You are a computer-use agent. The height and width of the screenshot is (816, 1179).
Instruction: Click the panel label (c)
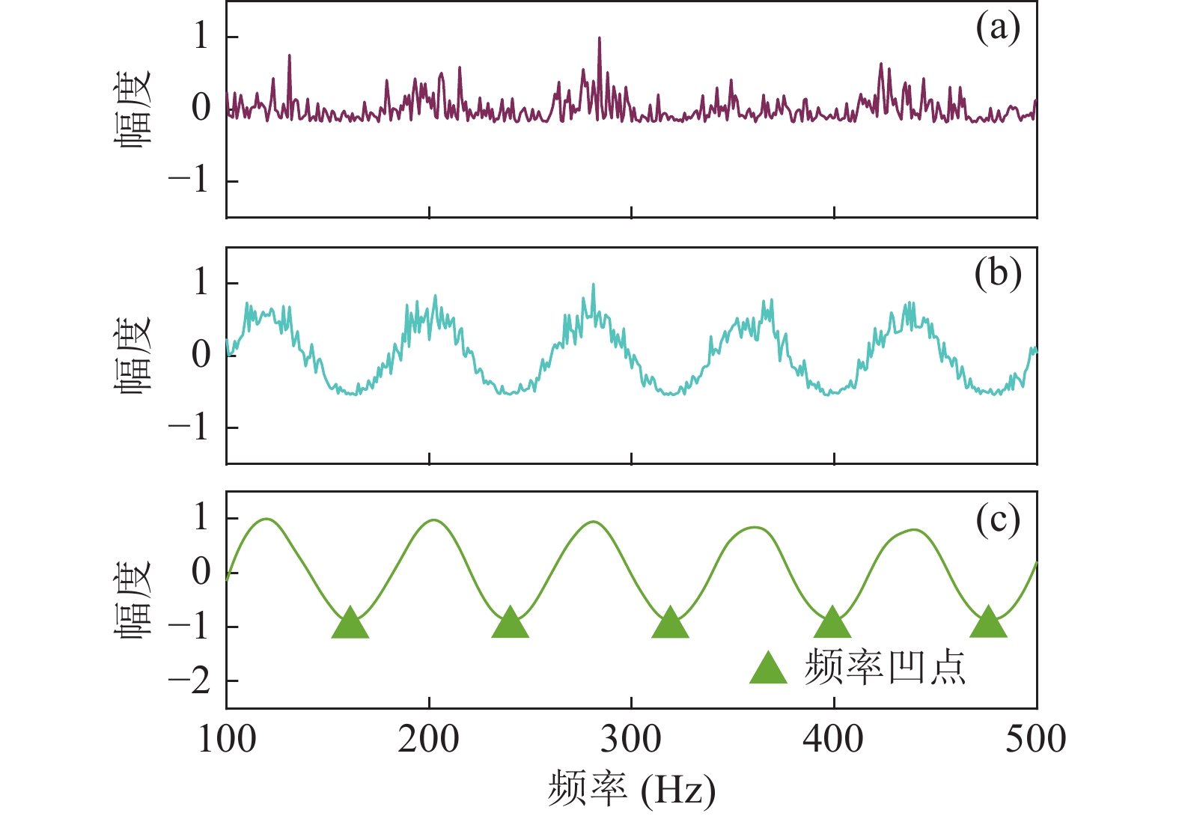coord(998,520)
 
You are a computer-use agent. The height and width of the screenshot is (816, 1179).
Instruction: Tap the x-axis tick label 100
coord(227,740)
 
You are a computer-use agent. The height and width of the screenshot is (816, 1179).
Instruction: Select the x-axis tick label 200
coord(429,740)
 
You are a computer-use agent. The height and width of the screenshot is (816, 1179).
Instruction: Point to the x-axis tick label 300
coord(631,740)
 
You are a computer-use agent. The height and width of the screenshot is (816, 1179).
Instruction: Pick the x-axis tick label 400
coord(833,740)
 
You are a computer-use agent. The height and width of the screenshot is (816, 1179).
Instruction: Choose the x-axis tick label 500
coord(1035,740)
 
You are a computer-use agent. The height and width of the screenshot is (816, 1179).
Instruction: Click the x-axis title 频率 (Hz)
coord(631,789)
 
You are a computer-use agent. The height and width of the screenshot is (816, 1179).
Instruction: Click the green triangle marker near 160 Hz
coord(350,624)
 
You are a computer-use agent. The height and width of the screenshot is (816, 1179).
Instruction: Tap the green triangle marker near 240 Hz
coord(511,624)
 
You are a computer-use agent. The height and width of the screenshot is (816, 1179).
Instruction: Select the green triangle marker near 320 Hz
coord(670,624)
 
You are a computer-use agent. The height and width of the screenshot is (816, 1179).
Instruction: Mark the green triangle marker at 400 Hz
coord(832,624)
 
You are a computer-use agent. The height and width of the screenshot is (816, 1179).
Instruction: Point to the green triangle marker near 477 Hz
coord(988,624)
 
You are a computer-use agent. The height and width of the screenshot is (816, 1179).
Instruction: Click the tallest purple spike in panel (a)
coord(599,39)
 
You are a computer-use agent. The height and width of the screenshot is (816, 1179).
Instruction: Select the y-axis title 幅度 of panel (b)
coord(133,353)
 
